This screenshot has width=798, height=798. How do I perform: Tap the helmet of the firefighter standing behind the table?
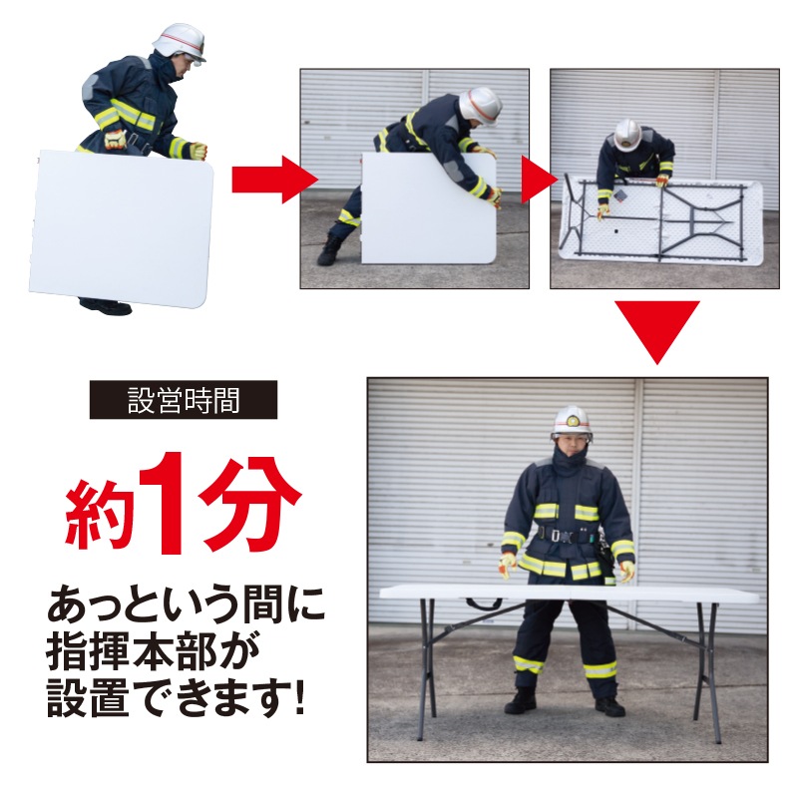pos(572,421)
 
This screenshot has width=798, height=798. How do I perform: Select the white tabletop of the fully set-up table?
pos(569,593)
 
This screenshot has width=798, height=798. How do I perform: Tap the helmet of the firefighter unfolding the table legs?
pos(627,135)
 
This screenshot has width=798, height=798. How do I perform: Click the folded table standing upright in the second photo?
pos(427,208)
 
